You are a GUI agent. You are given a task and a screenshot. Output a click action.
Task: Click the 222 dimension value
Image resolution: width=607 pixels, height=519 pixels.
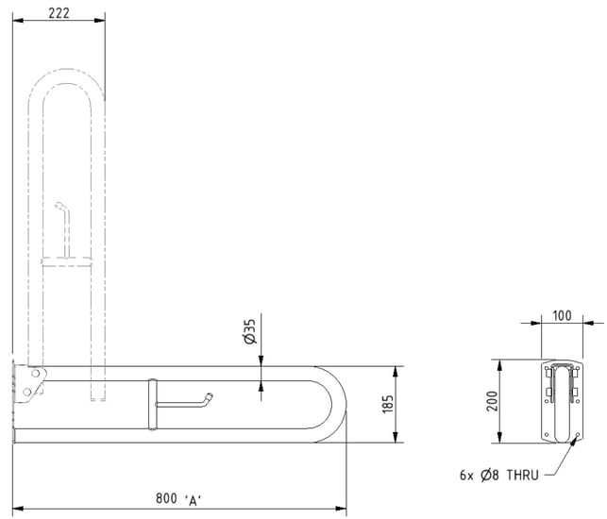(x=59, y=13)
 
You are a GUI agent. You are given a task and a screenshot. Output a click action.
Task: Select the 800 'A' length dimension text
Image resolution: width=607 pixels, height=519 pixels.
(x=178, y=498)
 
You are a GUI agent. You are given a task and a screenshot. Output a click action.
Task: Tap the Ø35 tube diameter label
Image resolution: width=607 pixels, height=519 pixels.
(x=250, y=331)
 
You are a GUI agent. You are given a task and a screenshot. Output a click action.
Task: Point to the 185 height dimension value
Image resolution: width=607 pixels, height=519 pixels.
(x=388, y=404)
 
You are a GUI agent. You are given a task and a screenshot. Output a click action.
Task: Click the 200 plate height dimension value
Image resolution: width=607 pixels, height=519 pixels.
(x=492, y=401)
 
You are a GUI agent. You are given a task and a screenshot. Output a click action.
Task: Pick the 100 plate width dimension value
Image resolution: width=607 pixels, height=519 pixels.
(x=562, y=316)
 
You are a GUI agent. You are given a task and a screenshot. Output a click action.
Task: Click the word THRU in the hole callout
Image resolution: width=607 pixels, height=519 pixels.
(x=523, y=475)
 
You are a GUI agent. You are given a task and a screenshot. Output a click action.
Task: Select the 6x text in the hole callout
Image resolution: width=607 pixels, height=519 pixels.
(x=466, y=475)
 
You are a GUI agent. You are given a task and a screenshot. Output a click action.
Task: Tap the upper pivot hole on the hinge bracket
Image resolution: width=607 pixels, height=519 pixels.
(x=36, y=374)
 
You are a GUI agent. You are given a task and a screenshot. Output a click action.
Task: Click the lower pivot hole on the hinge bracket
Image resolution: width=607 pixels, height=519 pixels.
(x=27, y=392)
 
